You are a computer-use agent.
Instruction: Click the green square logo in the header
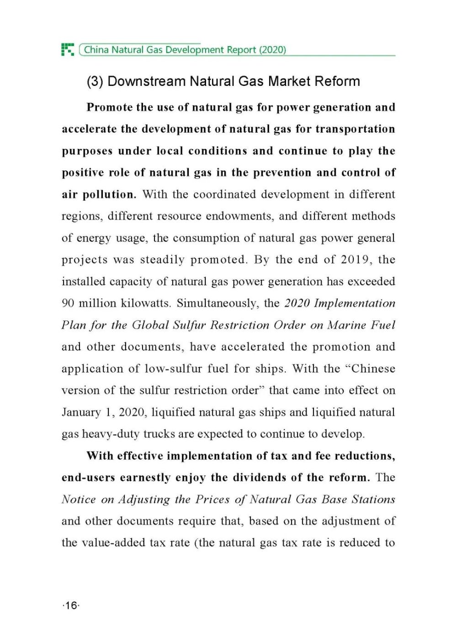(68, 49)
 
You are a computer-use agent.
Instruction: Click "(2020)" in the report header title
(272, 49)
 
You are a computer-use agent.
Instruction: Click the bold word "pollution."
(109, 195)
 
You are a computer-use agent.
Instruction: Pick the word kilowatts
(146, 303)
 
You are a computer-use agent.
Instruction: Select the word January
(80, 412)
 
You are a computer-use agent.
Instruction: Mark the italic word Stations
(373, 499)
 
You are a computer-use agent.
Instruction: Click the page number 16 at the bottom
(71, 606)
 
